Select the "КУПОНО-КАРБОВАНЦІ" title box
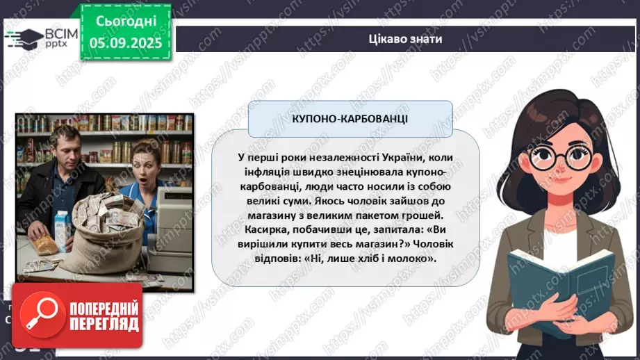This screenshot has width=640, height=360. coord(350,118)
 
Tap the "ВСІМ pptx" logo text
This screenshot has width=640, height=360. coord(58,38)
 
